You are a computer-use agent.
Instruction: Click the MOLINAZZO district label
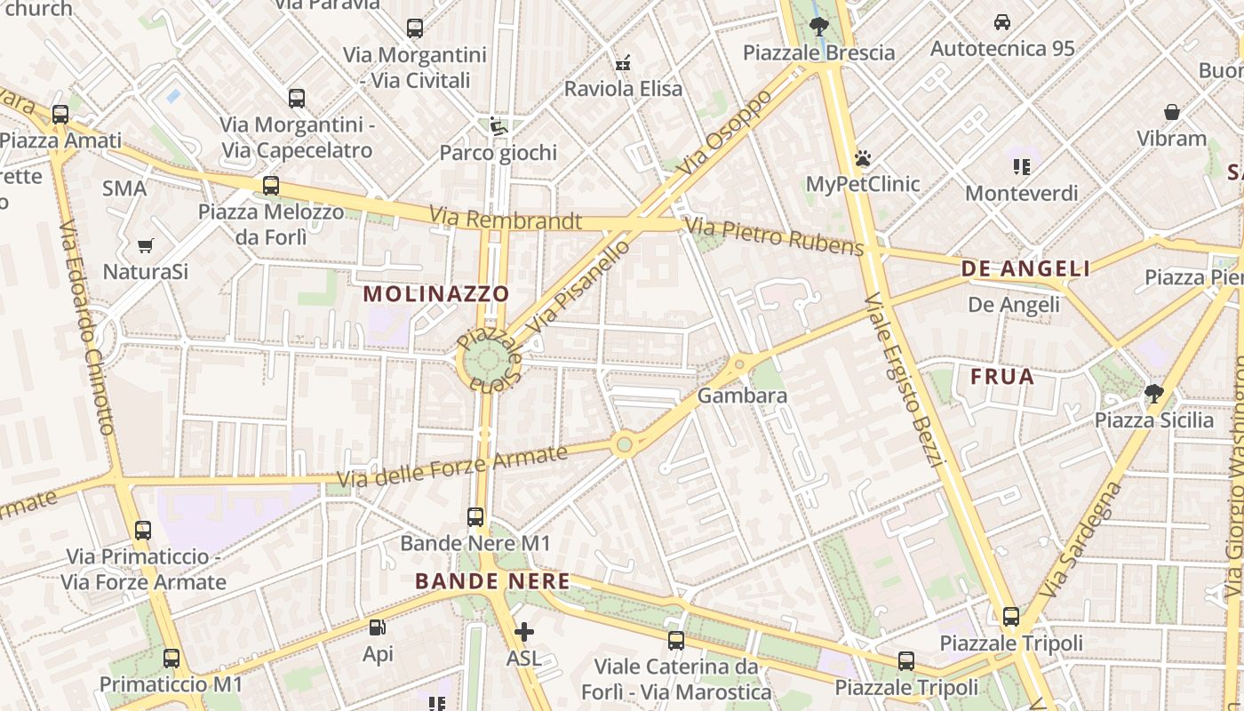tap(436, 293)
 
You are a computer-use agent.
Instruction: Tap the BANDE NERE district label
tap(492, 581)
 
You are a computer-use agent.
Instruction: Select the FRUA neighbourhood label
tap(1002, 377)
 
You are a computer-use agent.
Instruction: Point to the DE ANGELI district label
tap(1025, 269)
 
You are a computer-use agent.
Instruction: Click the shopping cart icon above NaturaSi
tap(145, 245)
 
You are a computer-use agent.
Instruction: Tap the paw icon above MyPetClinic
tap(862, 159)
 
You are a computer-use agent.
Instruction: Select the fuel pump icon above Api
tap(378, 628)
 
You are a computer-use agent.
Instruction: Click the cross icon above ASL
tap(524, 632)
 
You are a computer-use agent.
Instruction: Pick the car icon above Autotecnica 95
tap(1002, 22)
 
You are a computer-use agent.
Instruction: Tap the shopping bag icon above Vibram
tap(1172, 112)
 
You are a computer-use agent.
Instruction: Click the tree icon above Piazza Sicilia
tap(1153, 393)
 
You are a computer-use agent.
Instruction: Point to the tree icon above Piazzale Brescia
tap(819, 26)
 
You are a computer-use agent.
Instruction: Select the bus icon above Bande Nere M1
tap(475, 516)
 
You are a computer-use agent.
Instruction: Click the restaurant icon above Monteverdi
tap(1021, 166)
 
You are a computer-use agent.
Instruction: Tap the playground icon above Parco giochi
tap(498, 126)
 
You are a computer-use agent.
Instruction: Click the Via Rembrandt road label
tap(506, 219)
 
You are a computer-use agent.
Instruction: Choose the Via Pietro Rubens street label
tap(776, 236)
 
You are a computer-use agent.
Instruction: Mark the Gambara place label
tap(743, 395)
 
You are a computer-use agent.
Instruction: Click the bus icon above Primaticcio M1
tap(171, 659)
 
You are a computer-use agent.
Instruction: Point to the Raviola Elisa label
tap(624, 89)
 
